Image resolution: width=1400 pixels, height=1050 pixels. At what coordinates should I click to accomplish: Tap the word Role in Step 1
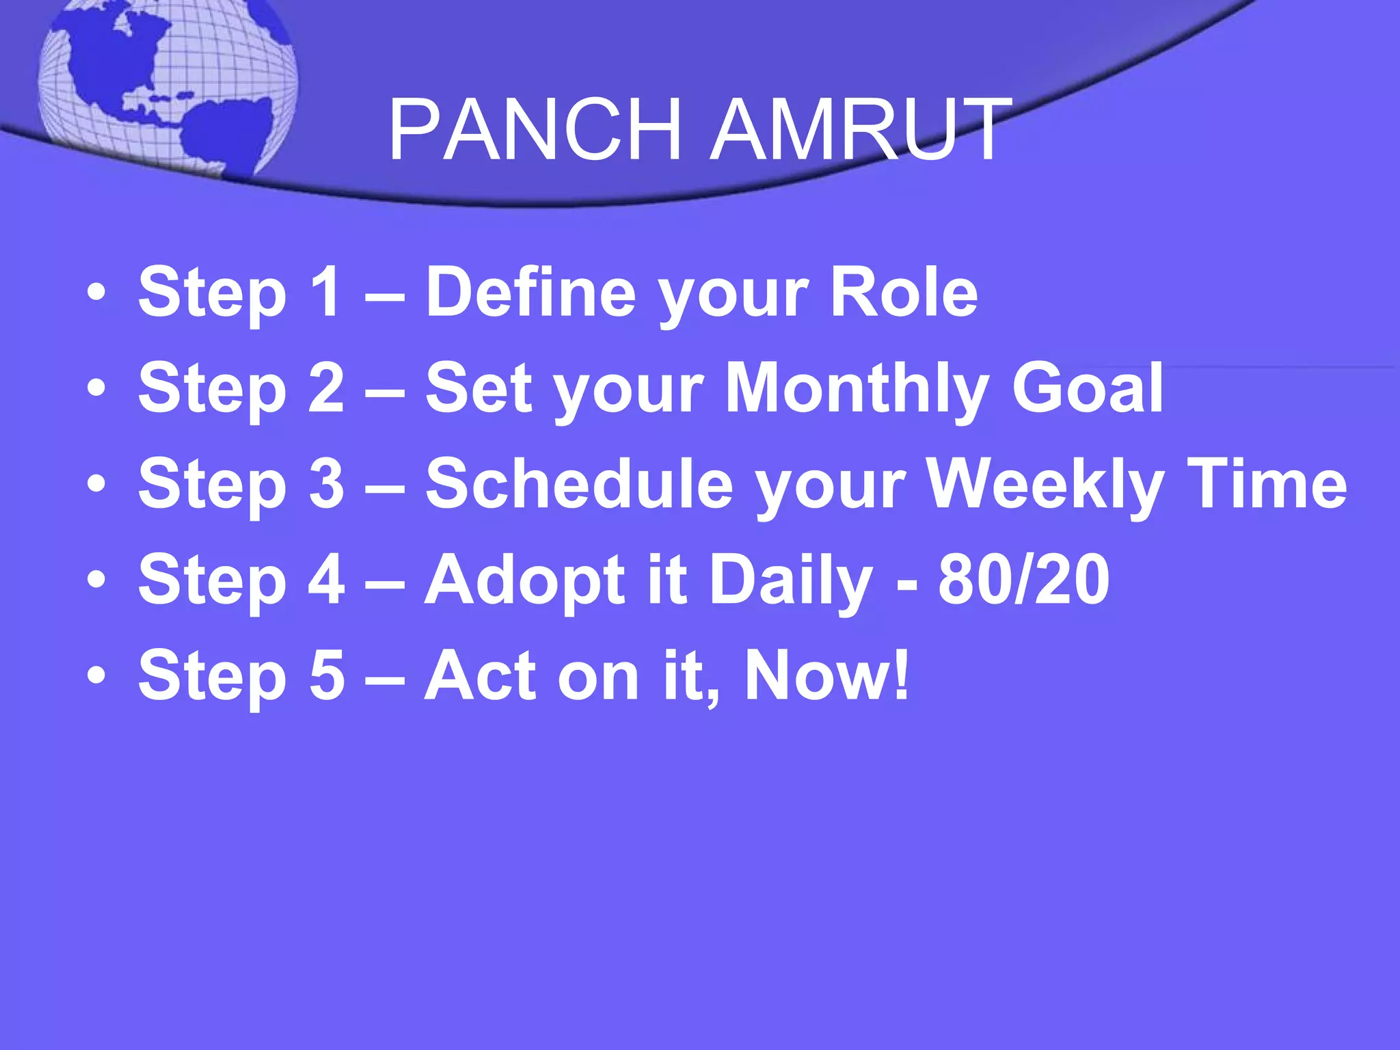click(x=904, y=293)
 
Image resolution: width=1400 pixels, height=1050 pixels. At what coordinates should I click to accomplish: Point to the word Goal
click(x=1088, y=388)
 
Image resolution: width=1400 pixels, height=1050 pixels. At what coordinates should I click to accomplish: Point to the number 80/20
click(x=1023, y=580)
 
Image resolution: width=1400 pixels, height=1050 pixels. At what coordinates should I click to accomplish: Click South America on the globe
click(x=226, y=133)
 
